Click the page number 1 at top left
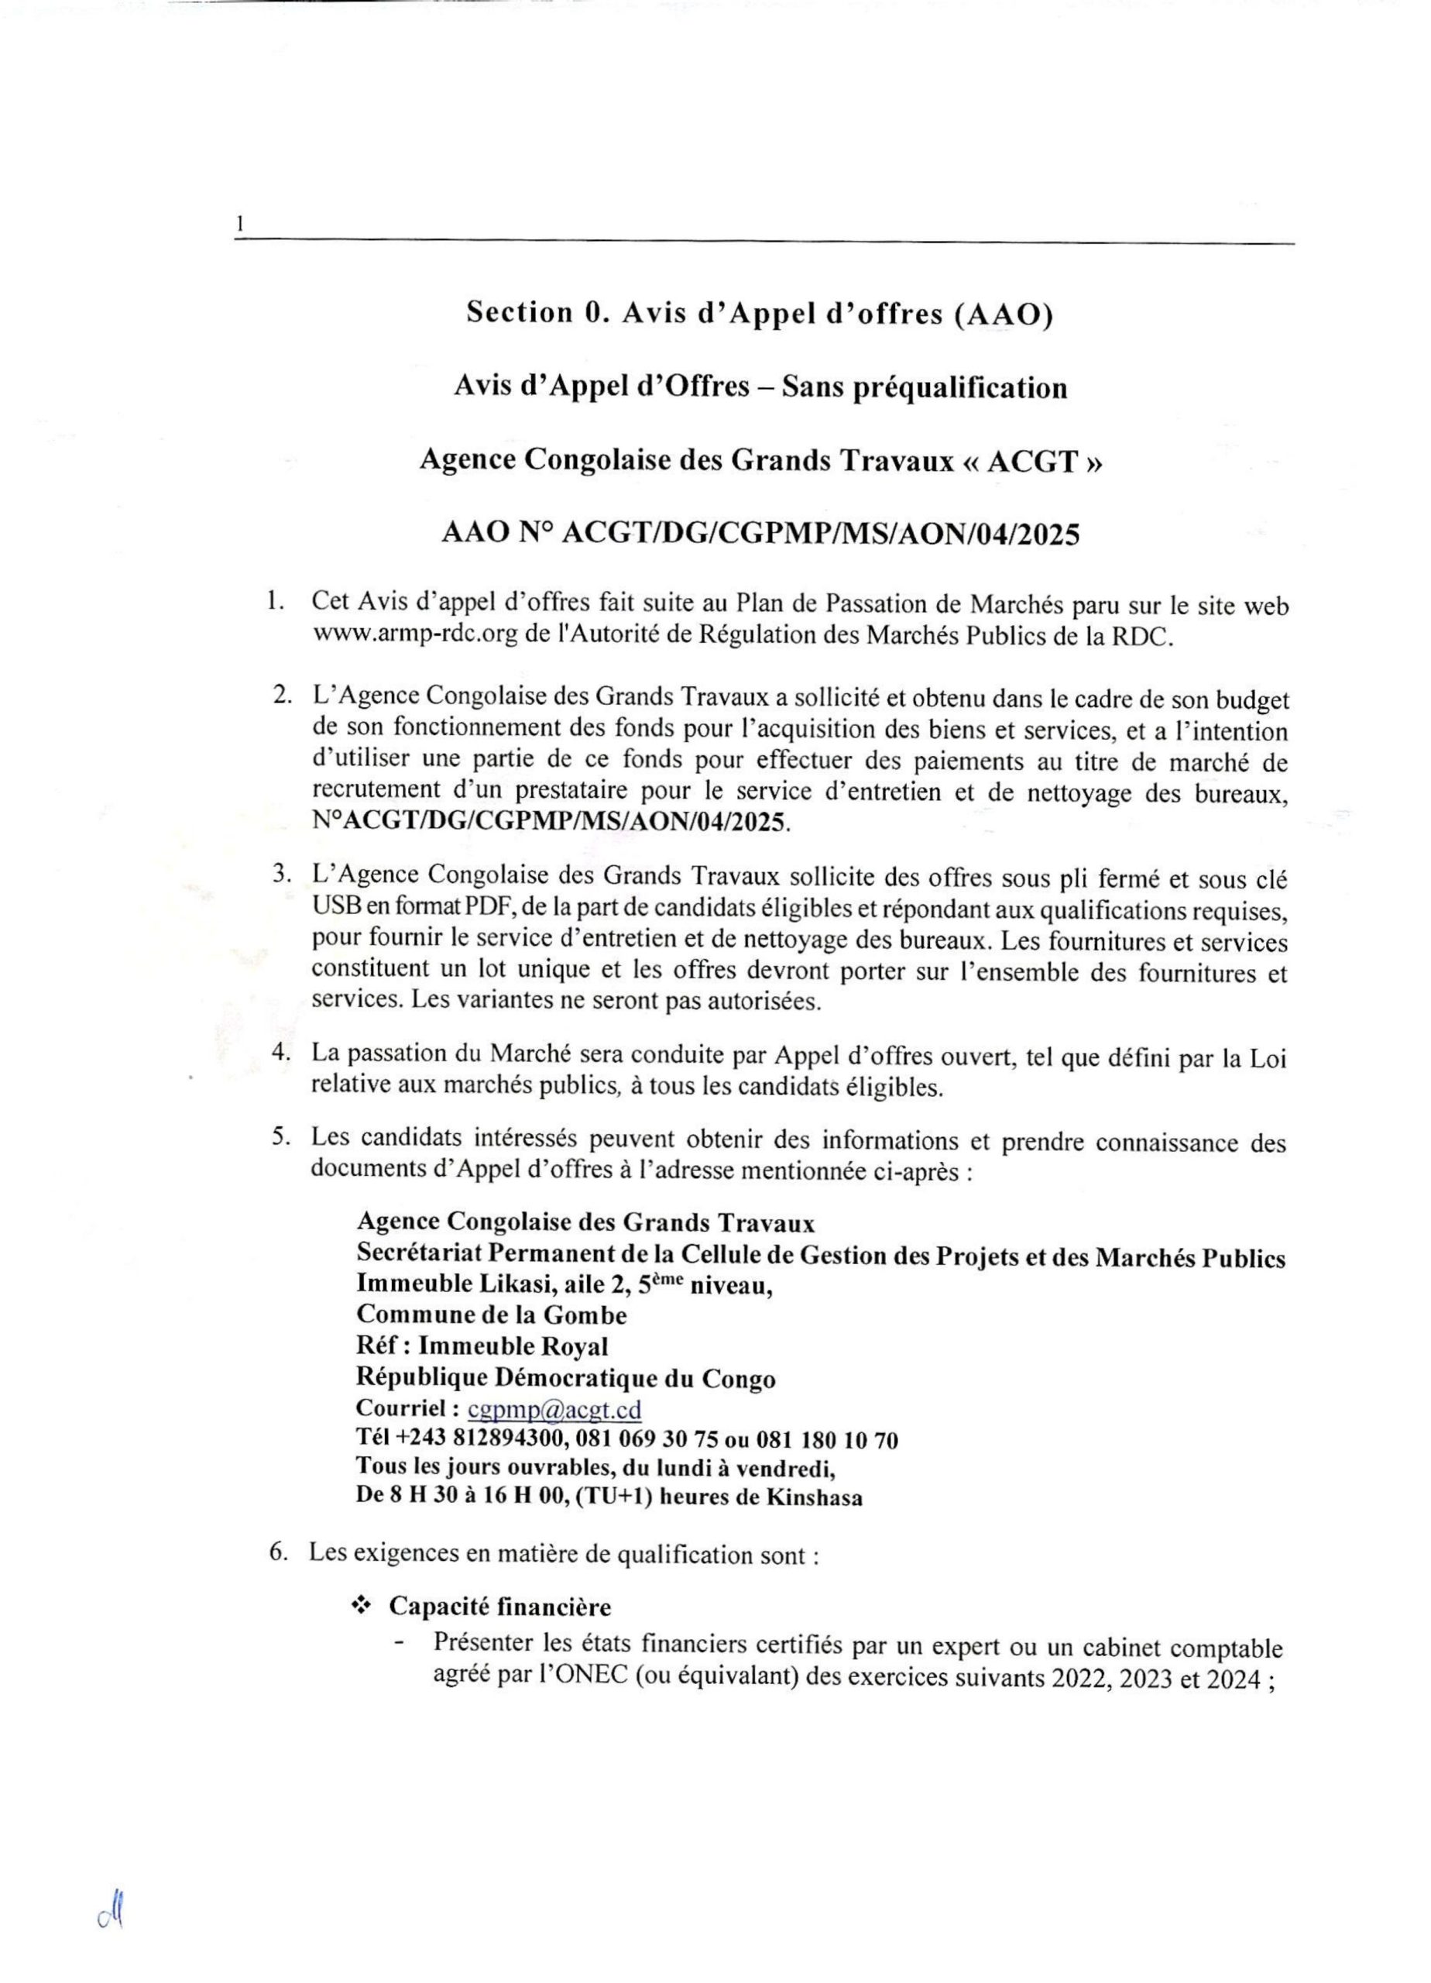238,225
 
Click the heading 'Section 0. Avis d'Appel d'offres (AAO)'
759,312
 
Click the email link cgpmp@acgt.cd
554,1410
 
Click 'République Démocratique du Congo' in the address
565,1378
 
